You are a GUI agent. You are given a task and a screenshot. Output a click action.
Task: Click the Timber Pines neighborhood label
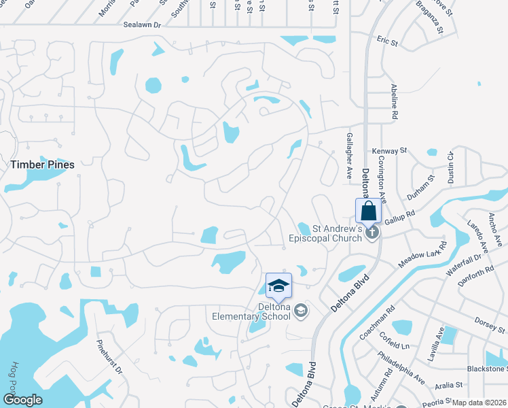point(42,165)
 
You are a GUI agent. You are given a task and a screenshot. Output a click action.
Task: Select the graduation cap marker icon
point(278,286)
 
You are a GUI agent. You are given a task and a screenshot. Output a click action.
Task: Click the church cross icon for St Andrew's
point(371,233)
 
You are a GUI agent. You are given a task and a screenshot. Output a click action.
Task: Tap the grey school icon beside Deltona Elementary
point(302,311)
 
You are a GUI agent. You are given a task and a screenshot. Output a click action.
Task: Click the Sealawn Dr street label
point(142,24)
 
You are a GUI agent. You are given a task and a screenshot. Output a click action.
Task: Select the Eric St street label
point(388,42)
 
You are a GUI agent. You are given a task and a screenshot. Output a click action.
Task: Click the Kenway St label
point(389,150)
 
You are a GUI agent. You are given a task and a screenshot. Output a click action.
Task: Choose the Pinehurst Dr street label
point(109,358)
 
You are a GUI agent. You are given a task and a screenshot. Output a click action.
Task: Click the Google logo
point(22,400)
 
